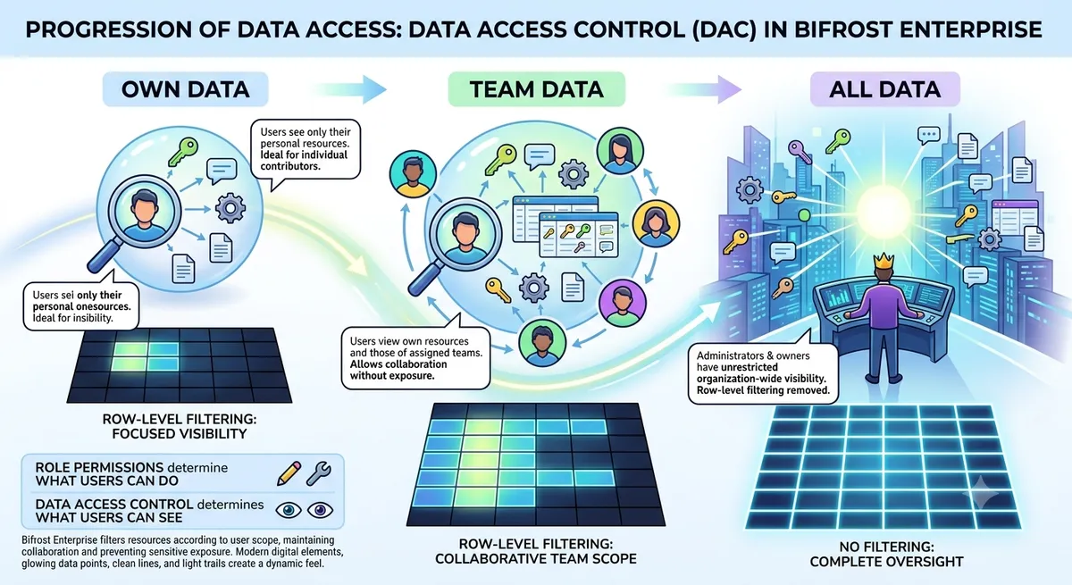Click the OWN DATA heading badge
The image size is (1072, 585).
(186, 89)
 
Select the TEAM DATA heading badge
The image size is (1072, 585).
(537, 89)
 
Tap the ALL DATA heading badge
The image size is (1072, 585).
(885, 89)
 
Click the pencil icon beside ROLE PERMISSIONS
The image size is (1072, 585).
(289, 473)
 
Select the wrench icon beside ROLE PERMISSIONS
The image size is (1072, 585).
(319, 473)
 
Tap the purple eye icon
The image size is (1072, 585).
(320, 510)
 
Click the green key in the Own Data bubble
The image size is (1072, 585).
(182, 151)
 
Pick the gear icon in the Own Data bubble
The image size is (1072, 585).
(230, 208)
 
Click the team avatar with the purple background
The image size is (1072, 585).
(622, 304)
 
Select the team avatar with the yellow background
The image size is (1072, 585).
(656, 223)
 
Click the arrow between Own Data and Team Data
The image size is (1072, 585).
(351, 89)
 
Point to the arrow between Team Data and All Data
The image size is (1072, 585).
(706, 89)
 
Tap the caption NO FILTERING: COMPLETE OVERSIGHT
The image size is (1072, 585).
(886, 554)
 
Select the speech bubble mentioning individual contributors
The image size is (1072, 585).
(306, 149)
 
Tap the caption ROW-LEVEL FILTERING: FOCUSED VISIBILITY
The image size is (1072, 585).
(180, 427)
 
